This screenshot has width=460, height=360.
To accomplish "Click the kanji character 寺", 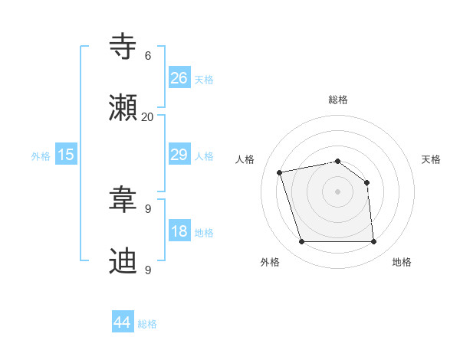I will pyautogui.click(x=123, y=47).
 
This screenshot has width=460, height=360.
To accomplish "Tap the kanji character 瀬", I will pyautogui.click(x=123, y=109).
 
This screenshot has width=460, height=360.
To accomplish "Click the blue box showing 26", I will pyautogui.click(x=179, y=77).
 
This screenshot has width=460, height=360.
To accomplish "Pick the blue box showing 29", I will pyautogui.click(x=179, y=155).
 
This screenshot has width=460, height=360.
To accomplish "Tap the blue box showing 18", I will pyautogui.click(x=179, y=231).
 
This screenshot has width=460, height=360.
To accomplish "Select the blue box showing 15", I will pyautogui.click(x=66, y=155).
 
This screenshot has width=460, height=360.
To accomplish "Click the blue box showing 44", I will pyautogui.click(x=123, y=322).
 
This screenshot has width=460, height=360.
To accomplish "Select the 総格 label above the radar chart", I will pyautogui.click(x=337, y=100).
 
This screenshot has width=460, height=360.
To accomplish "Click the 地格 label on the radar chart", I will pyautogui.click(x=402, y=263).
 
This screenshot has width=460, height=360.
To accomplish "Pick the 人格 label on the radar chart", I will pyautogui.click(x=245, y=159).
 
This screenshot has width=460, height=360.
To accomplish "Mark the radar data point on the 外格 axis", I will pyautogui.click(x=301, y=242).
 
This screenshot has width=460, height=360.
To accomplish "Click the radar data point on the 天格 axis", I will pyautogui.click(x=366, y=182).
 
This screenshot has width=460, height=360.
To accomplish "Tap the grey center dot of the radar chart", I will pyautogui.click(x=337, y=191).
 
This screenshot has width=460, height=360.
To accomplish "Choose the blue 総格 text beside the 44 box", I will pyautogui.click(x=147, y=324).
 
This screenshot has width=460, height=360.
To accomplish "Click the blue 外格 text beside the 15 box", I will pyautogui.click(x=41, y=156).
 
